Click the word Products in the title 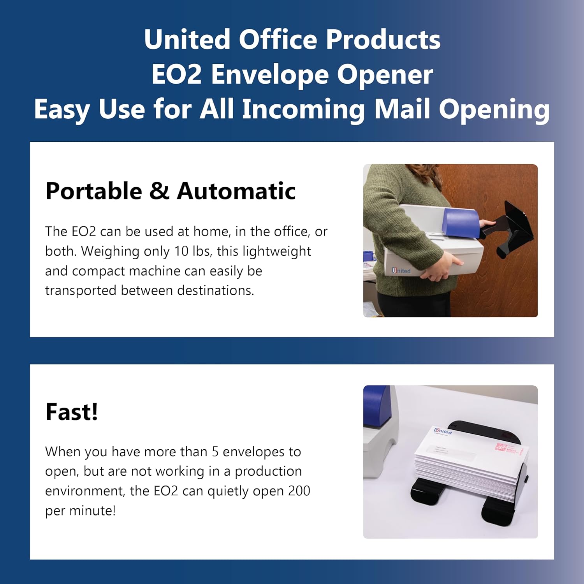pos(383,39)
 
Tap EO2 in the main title pos(176,74)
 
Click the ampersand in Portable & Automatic pos(159,191)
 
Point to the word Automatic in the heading pos(236,191)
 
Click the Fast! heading pos(72,412)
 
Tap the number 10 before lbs pos(181,251)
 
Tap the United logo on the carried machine pos(401,271)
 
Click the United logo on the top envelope pos(443,431)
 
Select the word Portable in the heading pos(94,191)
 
